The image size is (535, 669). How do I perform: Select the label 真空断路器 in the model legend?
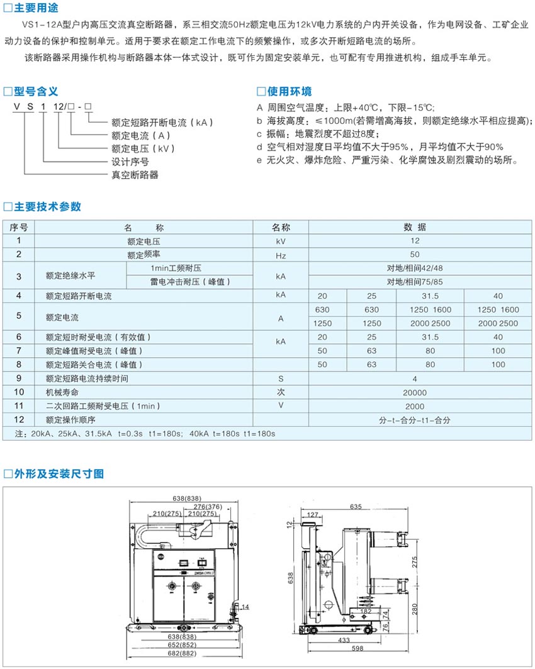pos(135,175)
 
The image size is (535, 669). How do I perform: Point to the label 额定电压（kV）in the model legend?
pos(143,149)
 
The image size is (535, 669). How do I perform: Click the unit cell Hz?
pos(280,255)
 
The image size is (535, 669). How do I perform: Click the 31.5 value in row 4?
pos(431,296)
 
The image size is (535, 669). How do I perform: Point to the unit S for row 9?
pos(280,379)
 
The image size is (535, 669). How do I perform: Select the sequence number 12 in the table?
pos(19,419)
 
